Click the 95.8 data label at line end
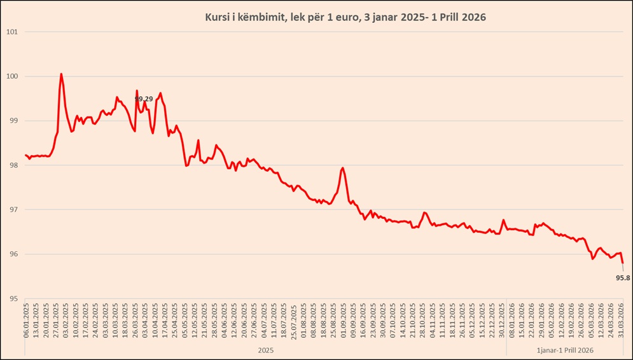tap(623, 277)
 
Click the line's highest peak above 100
tap(61, 74)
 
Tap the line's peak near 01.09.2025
tap(343, 168)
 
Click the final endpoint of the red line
tap(623, 263)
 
